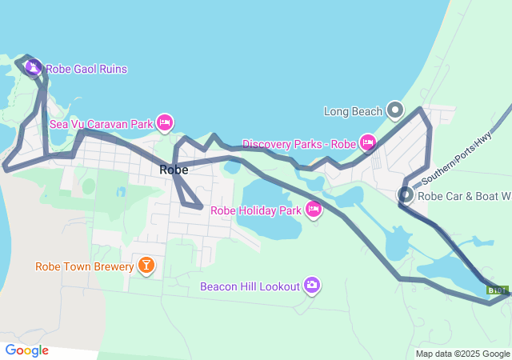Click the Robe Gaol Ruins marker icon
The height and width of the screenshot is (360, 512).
click(33, 68)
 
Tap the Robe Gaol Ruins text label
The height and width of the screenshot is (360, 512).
click(86, 70)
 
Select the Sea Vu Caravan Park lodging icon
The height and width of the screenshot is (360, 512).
click(165, 123)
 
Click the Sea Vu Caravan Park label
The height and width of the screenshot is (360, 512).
click(101, 124)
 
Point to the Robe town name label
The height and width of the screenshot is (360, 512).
click(174, 170)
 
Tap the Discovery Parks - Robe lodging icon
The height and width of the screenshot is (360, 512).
click(367, 143)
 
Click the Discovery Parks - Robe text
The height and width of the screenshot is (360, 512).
click(298, 144)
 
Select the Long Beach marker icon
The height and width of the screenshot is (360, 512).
click(394, 110)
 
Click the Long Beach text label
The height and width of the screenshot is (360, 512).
click(353, 111)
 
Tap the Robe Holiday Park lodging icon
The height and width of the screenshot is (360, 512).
click(313, 210)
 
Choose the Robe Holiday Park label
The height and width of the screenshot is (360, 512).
click(255, 211)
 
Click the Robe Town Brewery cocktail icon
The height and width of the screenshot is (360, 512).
click(146, 265)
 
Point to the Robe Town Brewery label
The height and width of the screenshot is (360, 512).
click(84, 266)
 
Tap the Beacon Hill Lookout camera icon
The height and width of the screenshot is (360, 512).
click(312, 285)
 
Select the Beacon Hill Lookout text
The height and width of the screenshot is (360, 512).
click(250, 286)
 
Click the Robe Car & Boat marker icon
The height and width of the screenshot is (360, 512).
click(406, 194)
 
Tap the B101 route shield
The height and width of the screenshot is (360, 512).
click(497, 290)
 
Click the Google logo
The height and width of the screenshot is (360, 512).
click(26, 350)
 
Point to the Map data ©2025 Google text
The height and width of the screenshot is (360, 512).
click(462, 354)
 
